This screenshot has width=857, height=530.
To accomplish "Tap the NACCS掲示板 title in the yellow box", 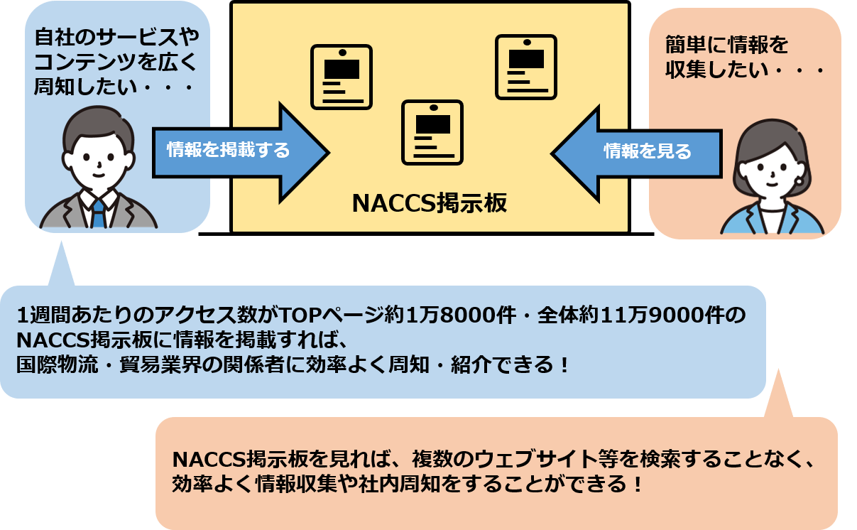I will pos(430,204).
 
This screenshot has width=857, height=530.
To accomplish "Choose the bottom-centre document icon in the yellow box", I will pos(432,132).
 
